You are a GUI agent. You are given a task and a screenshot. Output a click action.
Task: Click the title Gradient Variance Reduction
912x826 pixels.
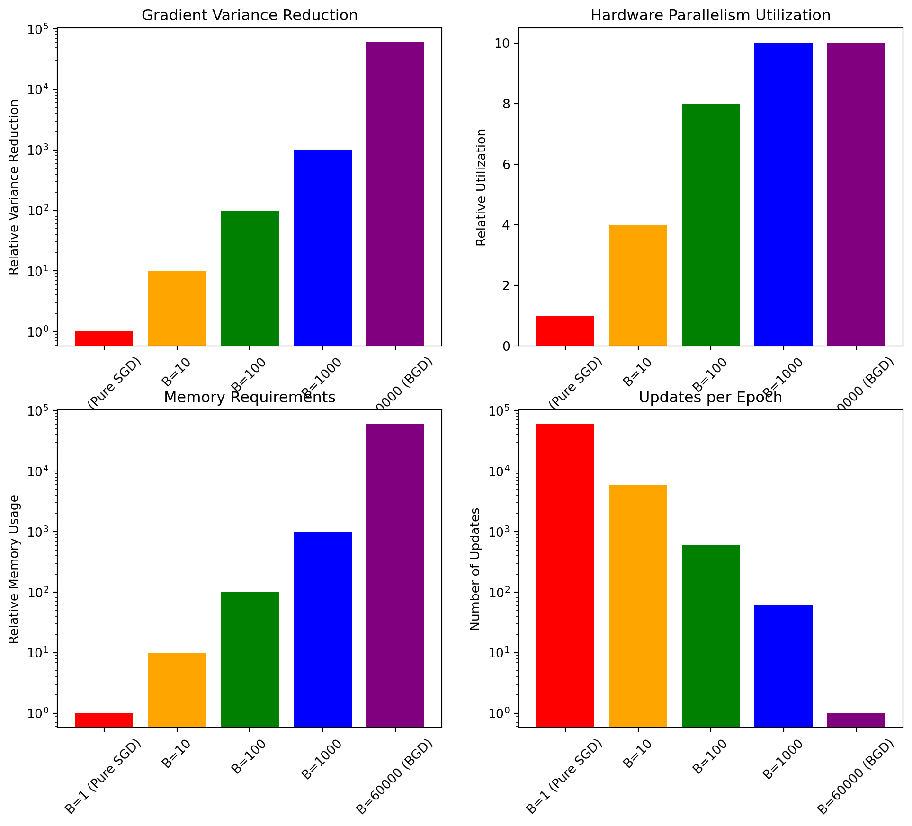(250, 16)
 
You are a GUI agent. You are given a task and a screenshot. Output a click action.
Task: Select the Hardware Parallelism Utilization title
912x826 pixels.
(710, 16)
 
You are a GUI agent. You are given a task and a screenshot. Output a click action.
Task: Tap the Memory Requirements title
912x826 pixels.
(250, 397)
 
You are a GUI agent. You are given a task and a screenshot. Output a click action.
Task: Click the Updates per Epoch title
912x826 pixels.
(710, 397)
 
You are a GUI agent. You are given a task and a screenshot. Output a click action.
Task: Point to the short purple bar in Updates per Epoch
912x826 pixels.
(856, 719)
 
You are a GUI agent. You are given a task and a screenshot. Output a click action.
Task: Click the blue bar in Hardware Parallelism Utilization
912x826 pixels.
(783, 194)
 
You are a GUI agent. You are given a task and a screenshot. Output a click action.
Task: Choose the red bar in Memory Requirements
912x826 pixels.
(104, 719)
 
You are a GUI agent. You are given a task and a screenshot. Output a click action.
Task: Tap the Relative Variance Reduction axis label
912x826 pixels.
(14, 187)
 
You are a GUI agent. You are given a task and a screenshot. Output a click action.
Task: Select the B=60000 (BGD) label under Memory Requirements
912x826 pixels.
(394, 776)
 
